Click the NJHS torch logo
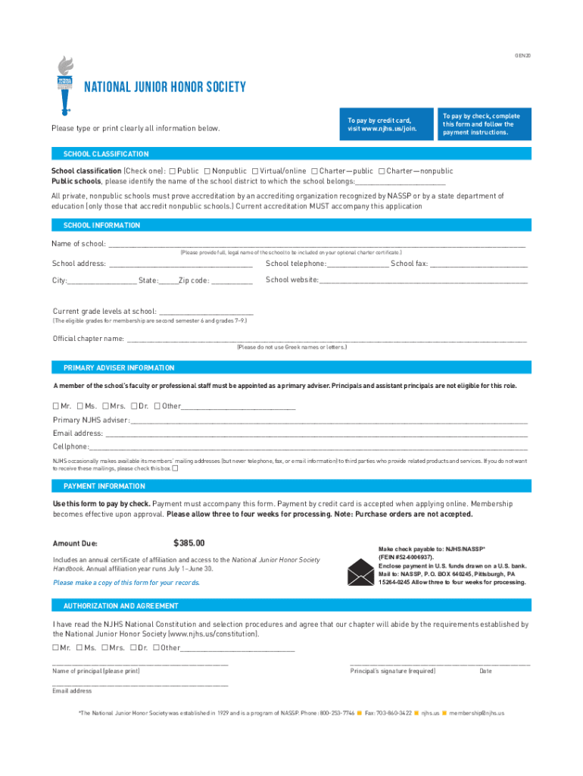tap(66, 83)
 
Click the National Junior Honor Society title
tap(164, 87)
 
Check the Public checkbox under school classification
tap(173, 171)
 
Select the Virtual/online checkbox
tap(254, 171)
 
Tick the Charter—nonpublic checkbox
tap(381, 171)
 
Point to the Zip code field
tap(232, 281)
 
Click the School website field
tap(423, 280)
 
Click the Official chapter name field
tap(326, 339)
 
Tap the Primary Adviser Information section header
tap(119, 368)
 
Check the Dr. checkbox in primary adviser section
tap(133, 406)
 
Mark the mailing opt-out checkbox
tap(176, 468)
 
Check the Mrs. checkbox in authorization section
tap(104, 648)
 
